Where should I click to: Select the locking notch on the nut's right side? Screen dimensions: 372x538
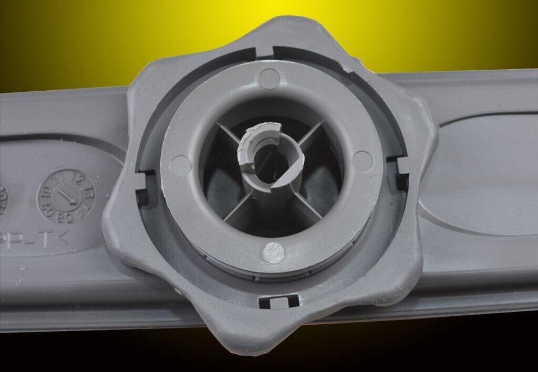click(402, 170)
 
